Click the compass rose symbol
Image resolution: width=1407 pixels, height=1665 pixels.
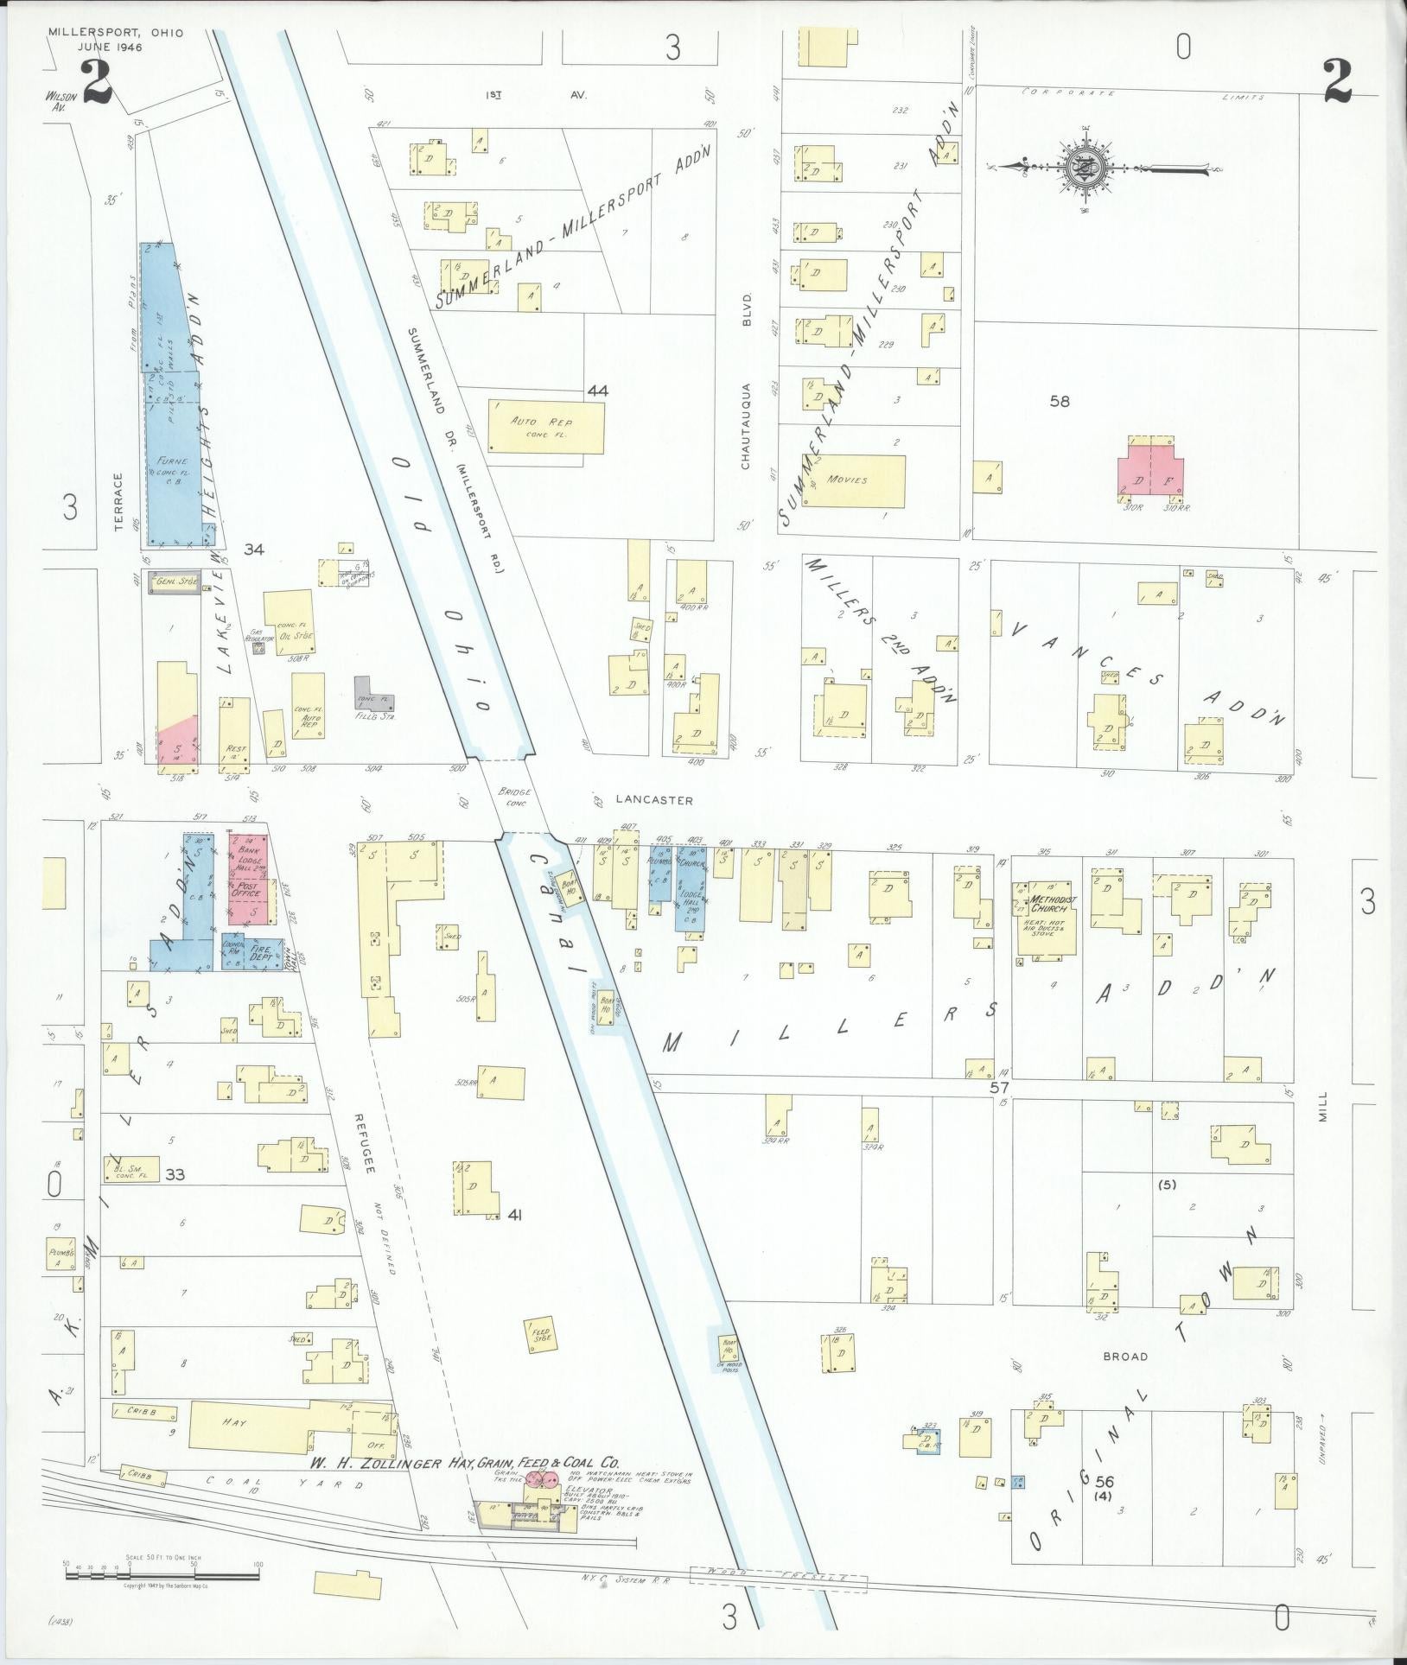(1080, 168)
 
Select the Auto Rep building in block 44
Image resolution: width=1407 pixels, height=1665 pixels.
(546, 425)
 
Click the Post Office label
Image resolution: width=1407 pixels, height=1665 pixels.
(245, 890)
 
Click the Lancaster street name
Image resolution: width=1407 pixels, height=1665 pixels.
(654, 800)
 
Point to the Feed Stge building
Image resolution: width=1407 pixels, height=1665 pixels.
(541, 1358)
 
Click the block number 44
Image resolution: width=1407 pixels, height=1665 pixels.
(597, 391)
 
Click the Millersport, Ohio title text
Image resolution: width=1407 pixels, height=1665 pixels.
(104, 32)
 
